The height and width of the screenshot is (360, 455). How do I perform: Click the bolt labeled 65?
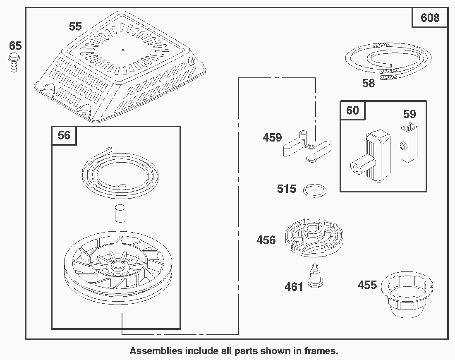coord(13,62)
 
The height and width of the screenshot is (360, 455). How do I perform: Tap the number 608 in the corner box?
coord(430,18)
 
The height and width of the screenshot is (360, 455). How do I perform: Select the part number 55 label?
coord(75,26)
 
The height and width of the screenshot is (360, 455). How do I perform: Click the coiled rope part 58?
coord(388,60)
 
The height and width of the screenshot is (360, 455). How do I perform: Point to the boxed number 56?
coord(64,135)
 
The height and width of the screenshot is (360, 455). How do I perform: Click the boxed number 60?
coord(352,110)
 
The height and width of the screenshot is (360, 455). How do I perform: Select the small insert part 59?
coord(409,142)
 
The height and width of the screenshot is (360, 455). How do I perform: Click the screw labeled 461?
coord(314,276)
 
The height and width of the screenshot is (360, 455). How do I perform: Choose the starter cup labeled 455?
coord(407,294)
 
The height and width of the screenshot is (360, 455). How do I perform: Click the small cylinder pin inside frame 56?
coord(120,214)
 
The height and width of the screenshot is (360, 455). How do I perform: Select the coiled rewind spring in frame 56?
coord(120,174)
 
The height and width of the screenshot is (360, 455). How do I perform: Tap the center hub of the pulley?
coord(117,265)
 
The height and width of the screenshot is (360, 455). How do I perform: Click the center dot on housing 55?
coord(123,50)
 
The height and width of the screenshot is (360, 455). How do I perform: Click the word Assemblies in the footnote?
coord(156,351)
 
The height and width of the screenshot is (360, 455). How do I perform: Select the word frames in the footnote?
coord(321,351)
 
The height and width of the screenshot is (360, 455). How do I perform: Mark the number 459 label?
coord(272,137)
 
